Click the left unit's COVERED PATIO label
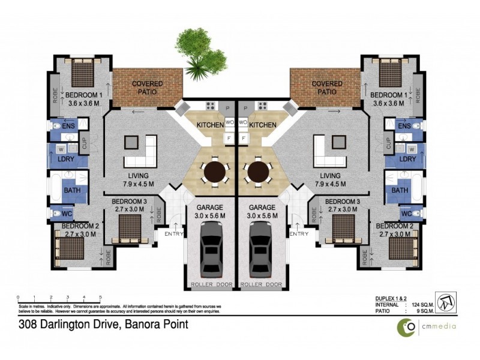point(148,88)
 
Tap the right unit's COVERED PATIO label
point(327,88)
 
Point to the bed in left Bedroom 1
point(80,74)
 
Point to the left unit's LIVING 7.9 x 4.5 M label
point(139,179)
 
